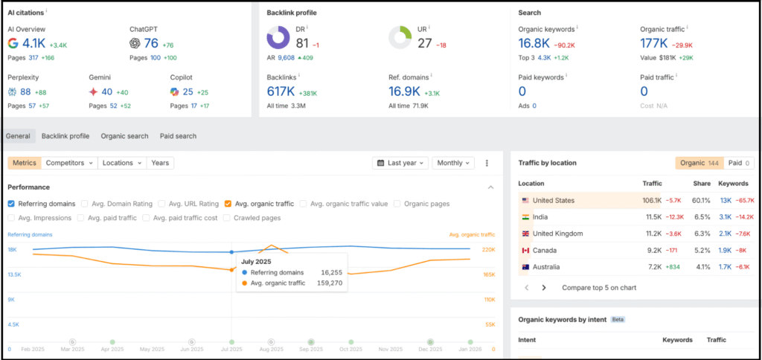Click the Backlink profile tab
pos(65,136)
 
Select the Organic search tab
pos(124,136)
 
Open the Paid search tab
pos(178,136)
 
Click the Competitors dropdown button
pos(69,163)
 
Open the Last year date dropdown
pos(401,163)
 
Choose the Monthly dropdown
pos(454,163)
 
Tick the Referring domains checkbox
pos(11,204)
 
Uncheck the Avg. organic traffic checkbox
pos(228,204)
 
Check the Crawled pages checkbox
pos(228,218)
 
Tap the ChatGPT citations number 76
pos(151,44)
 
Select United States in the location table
pos(554,200)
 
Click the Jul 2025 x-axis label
pos(231,349)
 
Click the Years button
pos(159,163)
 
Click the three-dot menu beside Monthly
pos(487,163)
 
